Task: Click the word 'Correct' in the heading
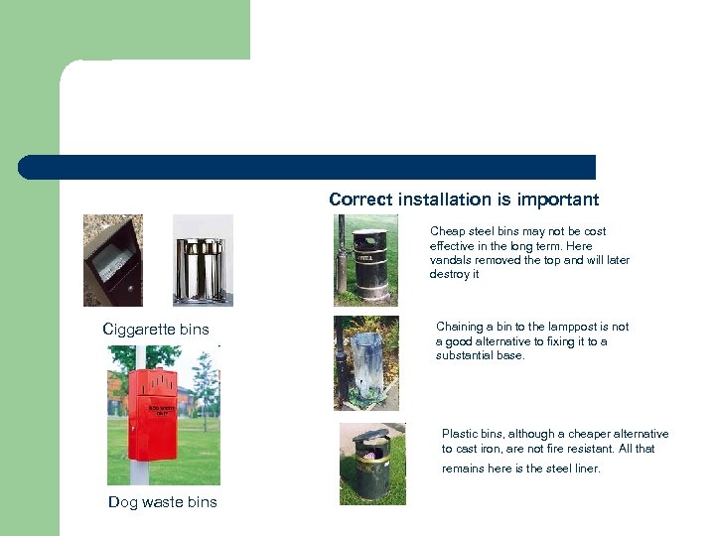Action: [360, 200]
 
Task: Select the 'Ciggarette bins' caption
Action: [156, 330]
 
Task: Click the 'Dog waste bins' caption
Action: [162, 502]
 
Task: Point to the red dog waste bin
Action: [152, 414]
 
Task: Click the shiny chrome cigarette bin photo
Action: [203, 260]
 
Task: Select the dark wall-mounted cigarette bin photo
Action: [113, 260]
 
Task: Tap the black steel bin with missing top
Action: [369, 264]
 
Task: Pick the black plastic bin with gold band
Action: [372, 467]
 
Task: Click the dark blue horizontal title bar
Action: [307, 168]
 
